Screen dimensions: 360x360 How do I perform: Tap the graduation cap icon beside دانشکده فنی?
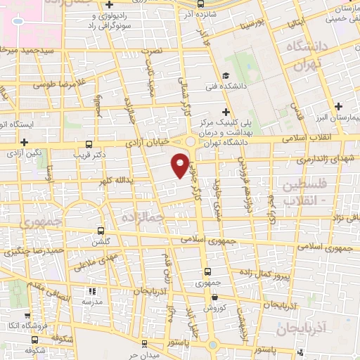click(x=224, y=76)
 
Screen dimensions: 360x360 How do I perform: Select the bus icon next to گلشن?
click(x=101, y=231)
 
